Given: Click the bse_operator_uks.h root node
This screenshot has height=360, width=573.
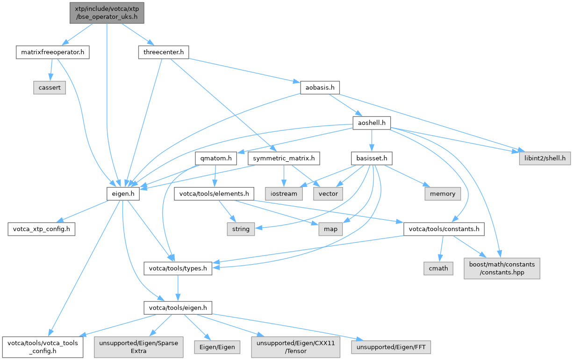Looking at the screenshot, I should point(107,13).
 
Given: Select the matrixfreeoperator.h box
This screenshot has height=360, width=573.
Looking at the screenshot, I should point(52,52).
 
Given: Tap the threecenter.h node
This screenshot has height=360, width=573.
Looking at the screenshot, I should point(163,52).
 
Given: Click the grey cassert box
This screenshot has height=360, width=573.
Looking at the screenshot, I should point(50,87).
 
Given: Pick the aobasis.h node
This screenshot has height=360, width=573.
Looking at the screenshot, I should point(319,87).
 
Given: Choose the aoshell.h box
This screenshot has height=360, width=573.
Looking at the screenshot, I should point(371,123).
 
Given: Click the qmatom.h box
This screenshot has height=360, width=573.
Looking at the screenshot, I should point(216,158).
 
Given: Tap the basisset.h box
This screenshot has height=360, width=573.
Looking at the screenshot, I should point(372,158).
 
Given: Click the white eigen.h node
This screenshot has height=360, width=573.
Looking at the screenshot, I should point(122,194).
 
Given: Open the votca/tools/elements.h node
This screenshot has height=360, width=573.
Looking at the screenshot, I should point(214,194).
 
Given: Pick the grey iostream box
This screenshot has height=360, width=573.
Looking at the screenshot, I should point(284,194).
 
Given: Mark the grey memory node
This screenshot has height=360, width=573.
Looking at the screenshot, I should point(443,194).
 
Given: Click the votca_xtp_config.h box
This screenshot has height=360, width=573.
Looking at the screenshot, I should point(42,229).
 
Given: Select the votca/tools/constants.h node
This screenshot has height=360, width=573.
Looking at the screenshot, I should point(444,229).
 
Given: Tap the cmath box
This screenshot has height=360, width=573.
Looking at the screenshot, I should point(438,268).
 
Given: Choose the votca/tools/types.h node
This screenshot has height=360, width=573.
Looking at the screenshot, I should point(178,268).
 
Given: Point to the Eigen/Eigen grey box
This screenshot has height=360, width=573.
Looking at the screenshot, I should point(217,347).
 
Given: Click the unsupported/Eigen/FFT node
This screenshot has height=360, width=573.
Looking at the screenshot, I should point(393,347).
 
